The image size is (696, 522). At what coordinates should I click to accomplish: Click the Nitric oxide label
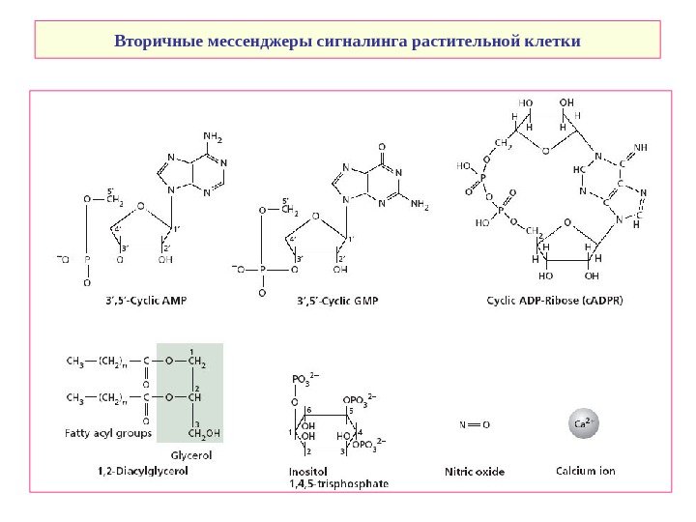(474, 472)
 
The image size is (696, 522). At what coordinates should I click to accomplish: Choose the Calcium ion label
(582, 472)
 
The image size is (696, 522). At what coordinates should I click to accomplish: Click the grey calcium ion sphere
(582, 425)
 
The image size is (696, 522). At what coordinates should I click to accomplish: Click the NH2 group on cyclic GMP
(419, 205)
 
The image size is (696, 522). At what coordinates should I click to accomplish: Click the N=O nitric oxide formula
(474, 423)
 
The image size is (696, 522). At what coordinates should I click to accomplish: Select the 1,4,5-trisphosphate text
(333, 482)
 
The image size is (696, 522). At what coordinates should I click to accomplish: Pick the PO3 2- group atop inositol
(306, 379)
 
